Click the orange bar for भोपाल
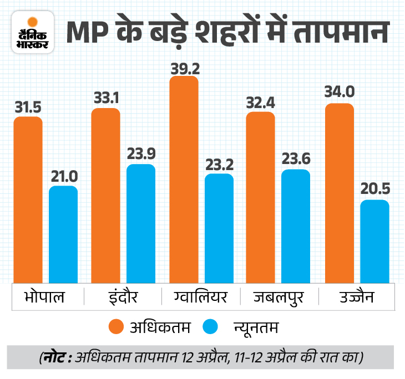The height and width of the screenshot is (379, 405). click(x=28, y=199)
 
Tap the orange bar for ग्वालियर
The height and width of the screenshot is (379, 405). click(x=184, y=180)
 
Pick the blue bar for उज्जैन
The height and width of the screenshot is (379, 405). click(x=374, y=241)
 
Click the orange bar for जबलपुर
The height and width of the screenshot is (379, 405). click(x=261, y=197)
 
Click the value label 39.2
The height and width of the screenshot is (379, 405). click(x=184, y=68)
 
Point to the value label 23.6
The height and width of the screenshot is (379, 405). click(x=296, y=159)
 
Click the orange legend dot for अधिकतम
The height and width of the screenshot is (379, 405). click(x=117, y=327)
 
